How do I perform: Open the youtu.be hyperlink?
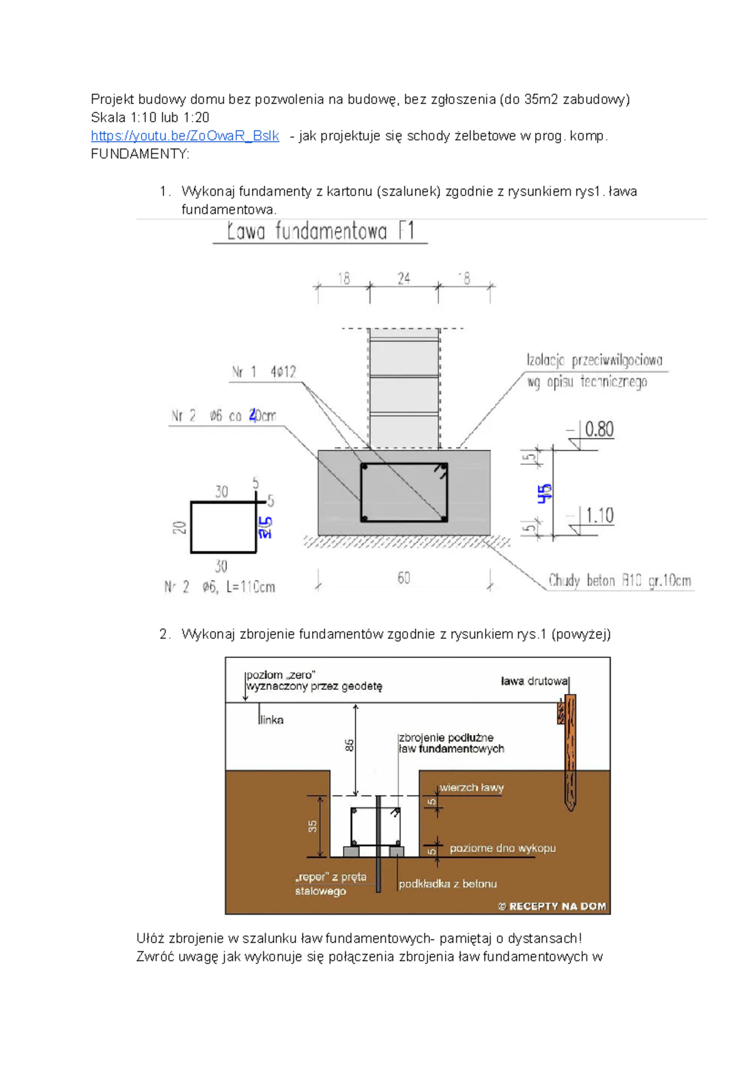[185, 136]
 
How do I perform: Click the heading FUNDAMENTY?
[140, 154]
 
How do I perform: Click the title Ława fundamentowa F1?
[320, 231]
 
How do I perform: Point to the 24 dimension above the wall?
[404, 278]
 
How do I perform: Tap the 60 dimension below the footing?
[404, 578]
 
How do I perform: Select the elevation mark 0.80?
[599, 430]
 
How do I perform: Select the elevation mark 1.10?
[599, 516]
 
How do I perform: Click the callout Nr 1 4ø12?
[264, 372]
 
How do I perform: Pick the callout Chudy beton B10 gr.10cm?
[619, 581]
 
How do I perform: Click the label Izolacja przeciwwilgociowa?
[594, 361]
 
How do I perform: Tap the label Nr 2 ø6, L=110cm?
[219, 587]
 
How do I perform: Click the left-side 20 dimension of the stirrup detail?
[180, 527]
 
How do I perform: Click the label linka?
[271, 720]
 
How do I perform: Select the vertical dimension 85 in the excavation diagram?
[349, 745]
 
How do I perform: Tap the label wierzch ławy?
[471, 788]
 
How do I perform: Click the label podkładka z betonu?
[447, 884]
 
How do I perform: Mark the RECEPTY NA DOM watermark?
[552, 906]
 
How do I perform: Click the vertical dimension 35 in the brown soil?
[312, 826]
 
